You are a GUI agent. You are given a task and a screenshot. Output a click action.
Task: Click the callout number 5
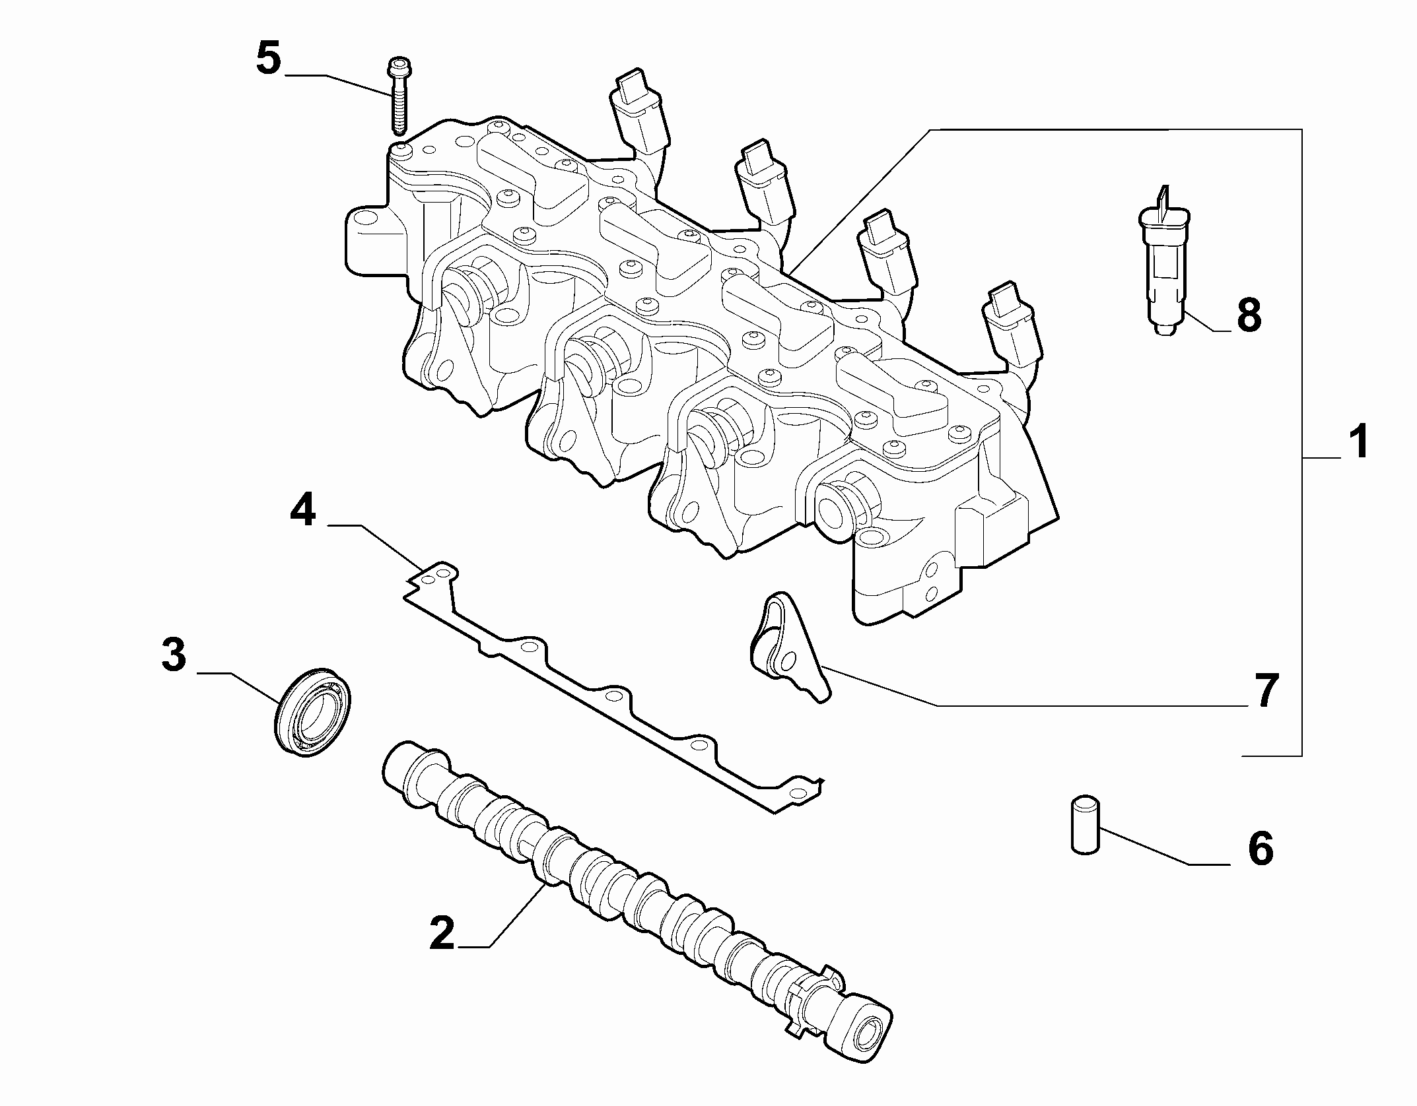(x=268, y=59)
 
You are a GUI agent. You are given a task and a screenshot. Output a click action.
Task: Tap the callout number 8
(x=1248, y=315)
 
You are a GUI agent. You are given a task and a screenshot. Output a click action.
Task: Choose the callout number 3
(x=174, y=655)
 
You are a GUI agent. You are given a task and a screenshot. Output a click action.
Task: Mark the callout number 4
(x=302, y=511)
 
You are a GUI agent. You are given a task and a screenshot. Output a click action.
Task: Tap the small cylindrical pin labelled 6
(x=1084, y=827)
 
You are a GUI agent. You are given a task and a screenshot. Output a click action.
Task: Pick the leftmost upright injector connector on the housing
(x=635, y=112)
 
